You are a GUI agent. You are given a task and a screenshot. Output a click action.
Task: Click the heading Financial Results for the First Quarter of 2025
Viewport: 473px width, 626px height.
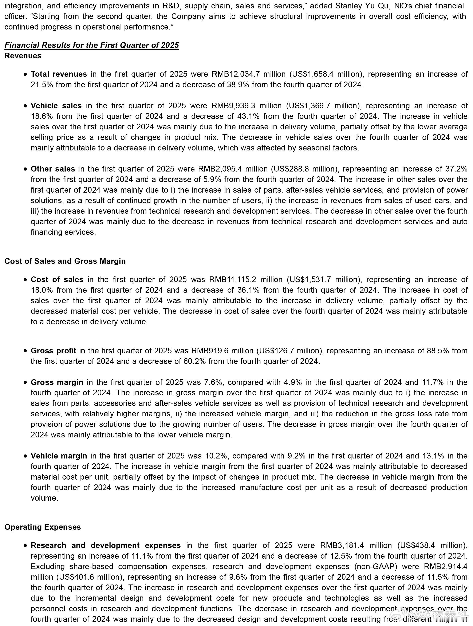pos(91,45)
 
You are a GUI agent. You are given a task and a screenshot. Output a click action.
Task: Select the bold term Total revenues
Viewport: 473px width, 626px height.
pos(59,74)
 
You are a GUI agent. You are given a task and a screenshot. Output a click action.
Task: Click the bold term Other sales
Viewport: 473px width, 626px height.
pos(53,169)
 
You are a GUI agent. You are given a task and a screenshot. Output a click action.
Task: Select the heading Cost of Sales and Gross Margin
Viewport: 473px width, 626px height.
pos(65,261)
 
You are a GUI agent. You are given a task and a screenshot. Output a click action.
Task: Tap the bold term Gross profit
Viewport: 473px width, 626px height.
pos(54,351)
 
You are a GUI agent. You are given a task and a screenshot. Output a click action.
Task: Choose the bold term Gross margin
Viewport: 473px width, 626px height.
pos(57,382)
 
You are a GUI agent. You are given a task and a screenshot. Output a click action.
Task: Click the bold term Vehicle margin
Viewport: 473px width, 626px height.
pos(59,456)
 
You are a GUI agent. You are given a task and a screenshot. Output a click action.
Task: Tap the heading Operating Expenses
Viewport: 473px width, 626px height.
pos(43,527)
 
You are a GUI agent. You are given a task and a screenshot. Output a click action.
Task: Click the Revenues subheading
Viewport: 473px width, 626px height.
pos(23,56)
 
